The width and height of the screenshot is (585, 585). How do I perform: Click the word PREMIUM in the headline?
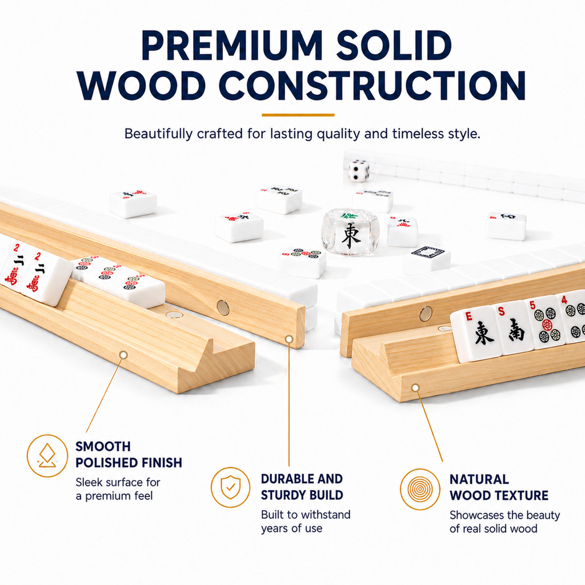pyautogui.click(x=231, y=46)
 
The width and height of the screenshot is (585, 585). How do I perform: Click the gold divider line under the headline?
pyautogui.click(x=298, y=115)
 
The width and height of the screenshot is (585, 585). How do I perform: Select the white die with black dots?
pyautogui.click(x=359, y=170)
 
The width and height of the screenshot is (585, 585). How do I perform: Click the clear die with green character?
pyautogui.click(x=351, y=232)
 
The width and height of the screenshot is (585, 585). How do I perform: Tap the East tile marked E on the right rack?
pyautogui.click(x=476, y=333)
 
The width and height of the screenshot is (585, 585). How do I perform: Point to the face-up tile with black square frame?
pyautogui.click(x=427, y=258)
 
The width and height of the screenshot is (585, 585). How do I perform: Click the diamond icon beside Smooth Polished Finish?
pyautogui.click(x=47, y=455)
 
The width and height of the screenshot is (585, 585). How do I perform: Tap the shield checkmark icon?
pyautogui.click(x=231, y=487)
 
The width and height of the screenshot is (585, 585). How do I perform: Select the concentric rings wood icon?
pyautogui.click(x=420, y=488)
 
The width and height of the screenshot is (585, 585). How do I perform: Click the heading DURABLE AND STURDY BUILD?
pyautogui.click(x=302, y=487)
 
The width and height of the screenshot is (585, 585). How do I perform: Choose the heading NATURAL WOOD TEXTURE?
pyautogui.click(x=499, y=487)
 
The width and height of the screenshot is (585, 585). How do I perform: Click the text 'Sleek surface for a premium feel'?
pyautogui.click(x=118, y=489)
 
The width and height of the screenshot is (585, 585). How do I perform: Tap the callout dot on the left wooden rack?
pyautogui.click(x=123, y=355)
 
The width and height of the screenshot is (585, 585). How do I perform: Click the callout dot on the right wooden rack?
pyautogui.click(x=415, y=388)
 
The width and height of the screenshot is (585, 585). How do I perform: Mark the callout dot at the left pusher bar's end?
pyautogui.click(x=289, y=339)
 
